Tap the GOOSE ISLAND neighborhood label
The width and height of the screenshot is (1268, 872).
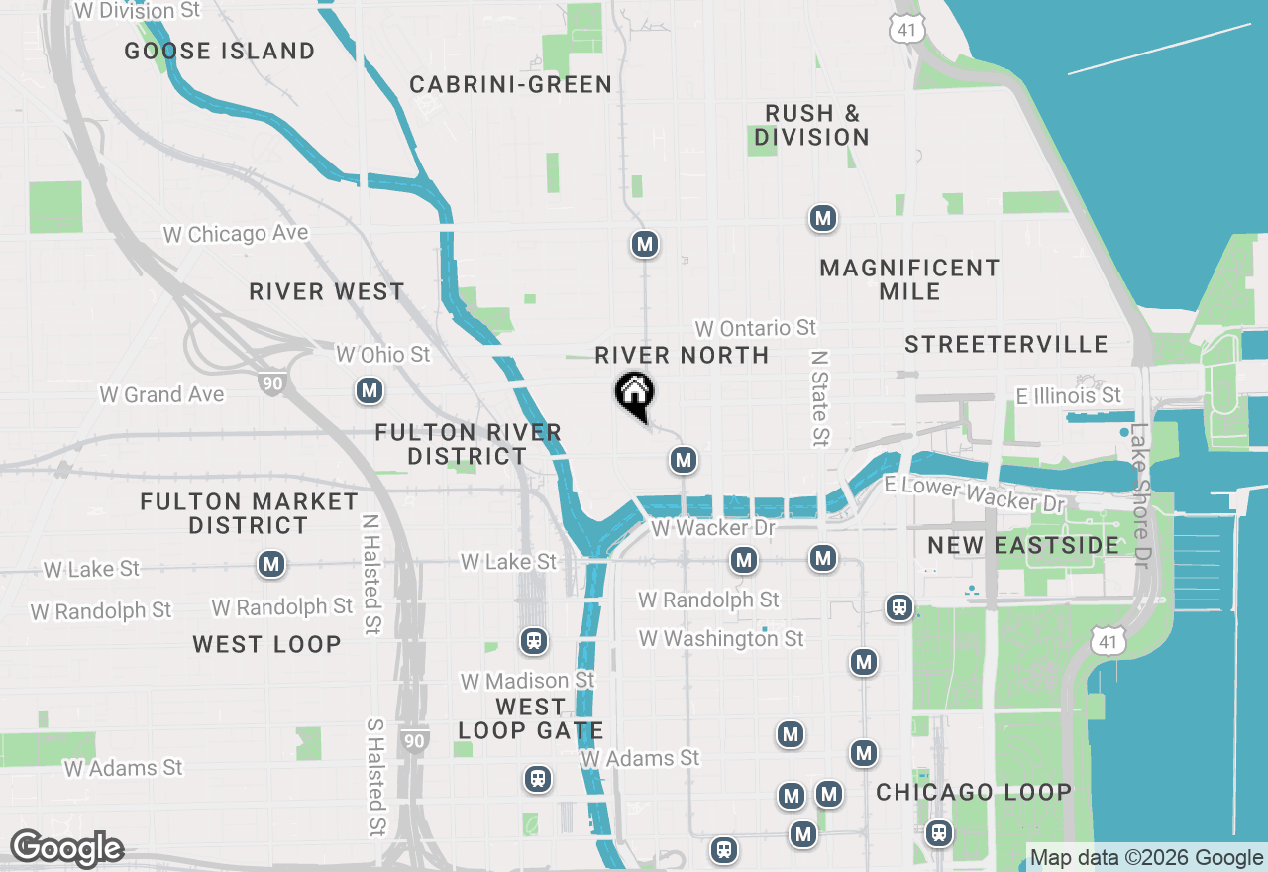coord(220,51)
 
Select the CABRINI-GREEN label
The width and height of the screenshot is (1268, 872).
coord(511,85)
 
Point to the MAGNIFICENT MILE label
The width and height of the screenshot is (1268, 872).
coord(909,279)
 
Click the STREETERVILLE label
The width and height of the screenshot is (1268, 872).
coord(1006,345)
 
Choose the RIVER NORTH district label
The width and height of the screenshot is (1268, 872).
coord(682,355)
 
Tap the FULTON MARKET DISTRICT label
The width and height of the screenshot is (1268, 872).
coord(249,513)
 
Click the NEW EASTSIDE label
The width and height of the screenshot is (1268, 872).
coord(1023,545)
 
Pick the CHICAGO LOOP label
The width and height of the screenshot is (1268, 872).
coord(974,793)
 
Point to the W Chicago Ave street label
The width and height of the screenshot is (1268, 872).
coord(236,234)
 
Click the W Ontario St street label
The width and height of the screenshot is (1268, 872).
coord(755,328)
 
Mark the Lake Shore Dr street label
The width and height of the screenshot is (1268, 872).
coord(1141,495)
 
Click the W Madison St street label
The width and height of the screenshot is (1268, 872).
coord(528,681)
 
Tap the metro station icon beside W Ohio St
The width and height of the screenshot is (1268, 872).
coord(370,391)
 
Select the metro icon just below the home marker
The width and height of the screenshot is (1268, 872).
coord(682,460)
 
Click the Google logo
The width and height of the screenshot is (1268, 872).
coord(66,848)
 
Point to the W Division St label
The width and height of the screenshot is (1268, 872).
coord(139,11)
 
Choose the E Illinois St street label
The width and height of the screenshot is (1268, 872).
coord(1069,396)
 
